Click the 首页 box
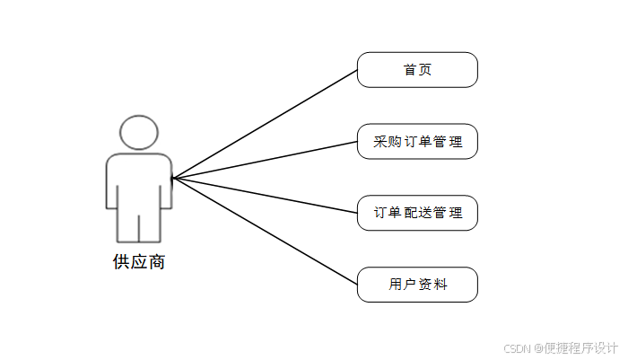point(417,70)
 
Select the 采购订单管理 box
point(417,142)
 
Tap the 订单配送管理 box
point(417,214)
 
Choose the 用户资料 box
point(417,285)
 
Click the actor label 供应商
point(139,262)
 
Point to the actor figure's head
point(139,133)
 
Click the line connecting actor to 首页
point(265,124)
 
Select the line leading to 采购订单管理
point(265,160)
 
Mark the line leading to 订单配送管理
point(265,196)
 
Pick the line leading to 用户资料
point(265,232)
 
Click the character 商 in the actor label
point(157,262)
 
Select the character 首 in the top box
point(410,70)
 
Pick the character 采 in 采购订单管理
point(379,142)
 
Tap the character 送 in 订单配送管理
point(425,214)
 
